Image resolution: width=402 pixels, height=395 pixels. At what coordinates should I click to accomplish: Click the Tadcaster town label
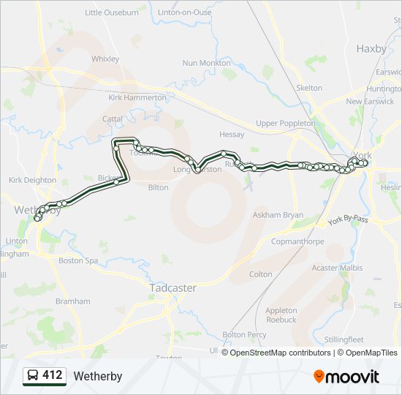click(x=172, y=287)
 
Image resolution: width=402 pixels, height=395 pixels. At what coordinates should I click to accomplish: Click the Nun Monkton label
click(x=206, y=64)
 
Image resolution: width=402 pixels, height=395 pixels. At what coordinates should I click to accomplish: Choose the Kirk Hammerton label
click(x=137, y=97)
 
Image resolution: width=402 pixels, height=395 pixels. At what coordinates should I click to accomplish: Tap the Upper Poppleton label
click(x=286, y=124)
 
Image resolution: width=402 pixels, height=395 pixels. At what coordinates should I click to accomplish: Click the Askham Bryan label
click(x=277, y=216)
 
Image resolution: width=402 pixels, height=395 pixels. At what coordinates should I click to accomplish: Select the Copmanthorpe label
click(x=297, y=241)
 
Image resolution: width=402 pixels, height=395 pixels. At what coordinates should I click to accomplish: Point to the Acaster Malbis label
click(x=336, y=268)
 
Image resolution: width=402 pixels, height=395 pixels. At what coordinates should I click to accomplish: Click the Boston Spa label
click(x=78, y=260)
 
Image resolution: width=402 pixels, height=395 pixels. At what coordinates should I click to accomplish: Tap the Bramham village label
click(x=72, y=301)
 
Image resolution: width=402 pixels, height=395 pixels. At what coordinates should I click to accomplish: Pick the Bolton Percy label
click(x=244, y=335)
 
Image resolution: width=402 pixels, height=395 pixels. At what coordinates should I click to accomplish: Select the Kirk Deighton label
click(x=32, y=180)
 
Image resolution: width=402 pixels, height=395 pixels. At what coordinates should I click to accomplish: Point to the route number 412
click(x=52, y=375)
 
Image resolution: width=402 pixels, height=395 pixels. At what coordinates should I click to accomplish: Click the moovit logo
click(x=346, y=377)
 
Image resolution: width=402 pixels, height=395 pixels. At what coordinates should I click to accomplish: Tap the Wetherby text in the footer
click(x=97, y=377)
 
